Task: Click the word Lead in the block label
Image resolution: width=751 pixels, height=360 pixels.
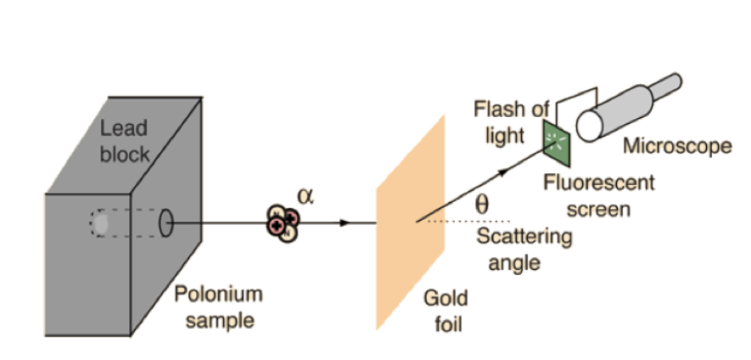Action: [x=124, y=129]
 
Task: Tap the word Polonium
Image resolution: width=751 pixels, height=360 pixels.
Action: [x=218, y=295]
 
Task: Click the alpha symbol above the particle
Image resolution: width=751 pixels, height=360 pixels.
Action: [x=305, y=194]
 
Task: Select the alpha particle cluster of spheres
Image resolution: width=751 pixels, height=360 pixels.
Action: [x=283, y=222]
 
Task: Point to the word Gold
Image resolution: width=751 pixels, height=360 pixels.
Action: [x=443, y=299]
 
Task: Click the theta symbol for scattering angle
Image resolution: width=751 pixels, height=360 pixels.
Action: [x=480, y=205]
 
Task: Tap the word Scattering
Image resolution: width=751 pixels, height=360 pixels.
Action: [x=524, y=237]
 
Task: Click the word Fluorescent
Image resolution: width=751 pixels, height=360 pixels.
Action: [x=599, y=183]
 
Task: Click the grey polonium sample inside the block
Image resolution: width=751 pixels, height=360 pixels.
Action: [x=101, y=223]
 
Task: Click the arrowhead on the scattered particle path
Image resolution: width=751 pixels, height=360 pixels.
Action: [x=507, y=172]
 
